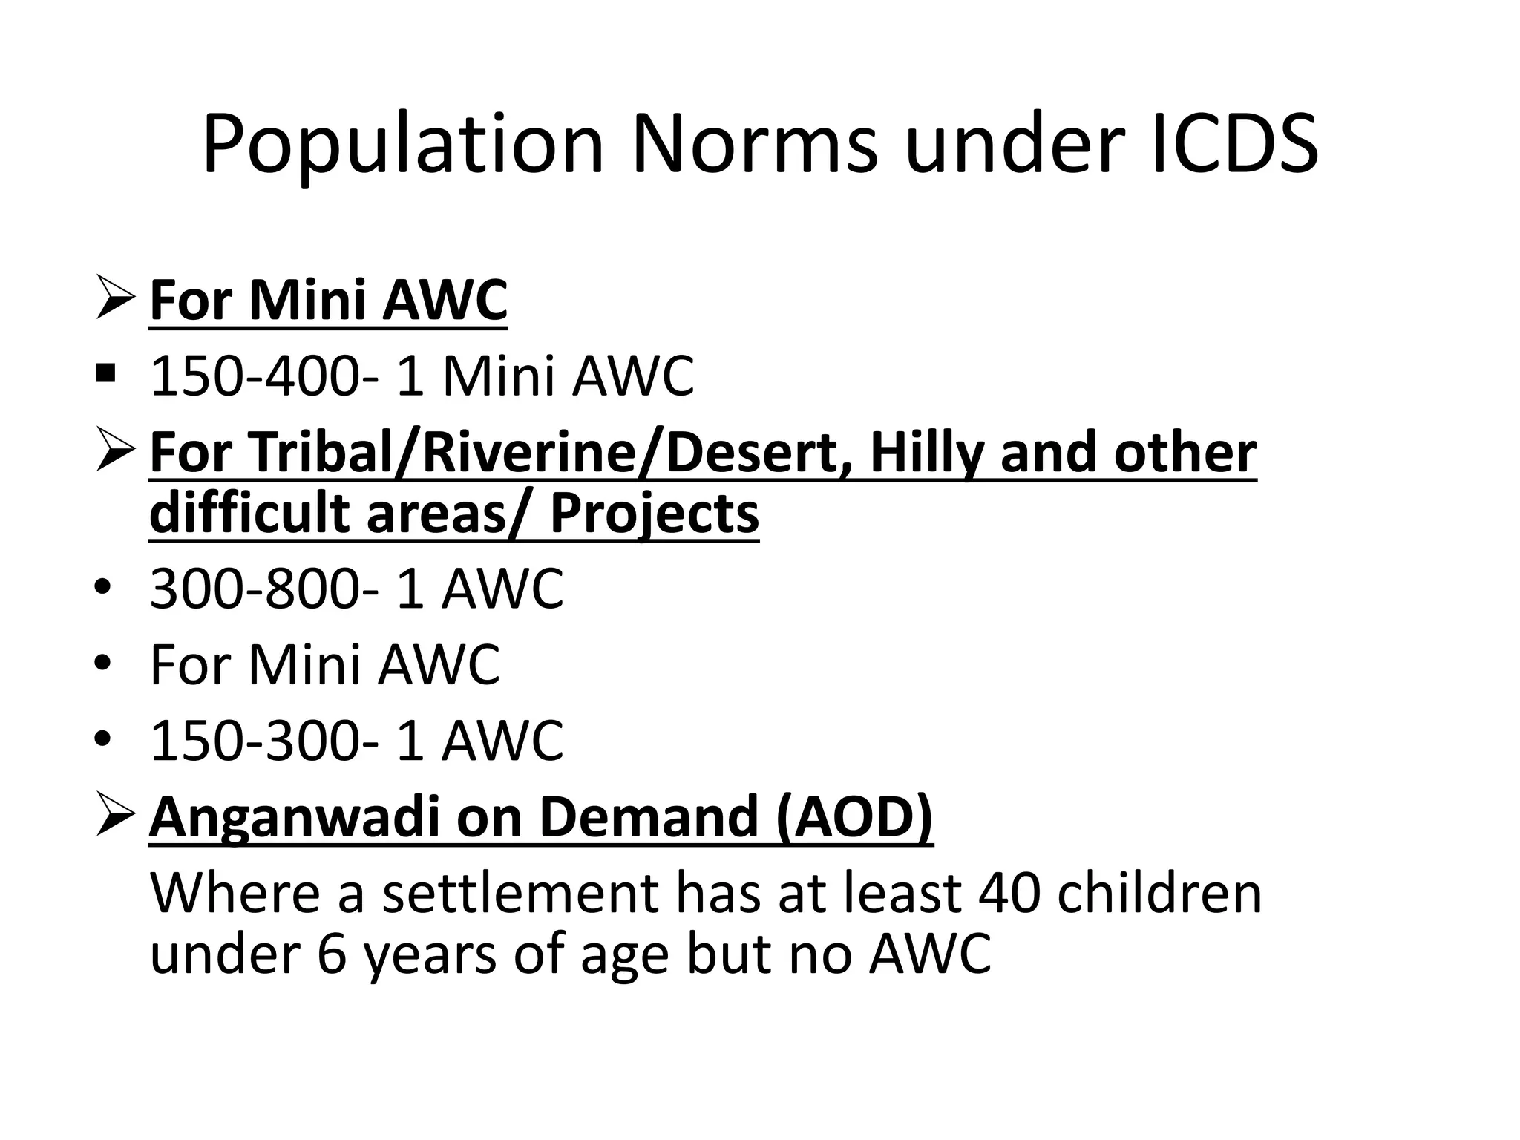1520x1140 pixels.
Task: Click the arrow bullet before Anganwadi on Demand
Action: [115, 816]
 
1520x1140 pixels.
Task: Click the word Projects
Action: [654, 514]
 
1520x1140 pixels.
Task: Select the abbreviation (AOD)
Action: [854, 817]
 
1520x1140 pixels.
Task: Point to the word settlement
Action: [520, 893]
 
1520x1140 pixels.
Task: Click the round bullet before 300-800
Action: [103, 588]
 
